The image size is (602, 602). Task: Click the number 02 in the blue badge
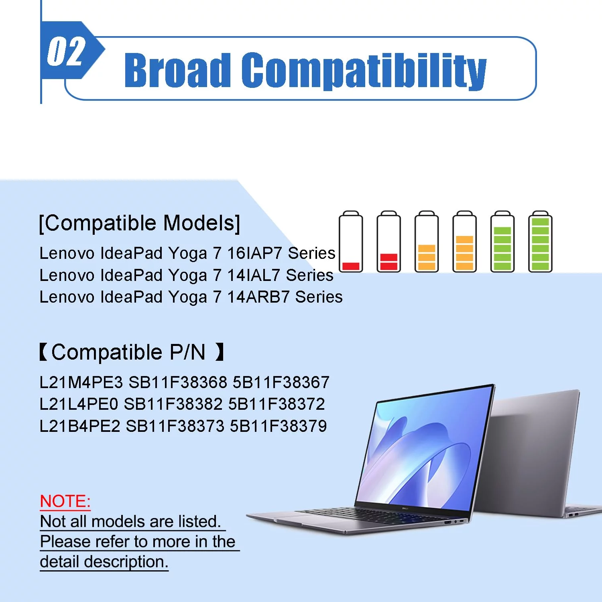pyautogui.click(x=66, y=51)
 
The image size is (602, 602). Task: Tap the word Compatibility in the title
pyautogui.click(x=364, y=71)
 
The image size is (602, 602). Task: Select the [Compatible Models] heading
pyautogui.click(x=139, y=223)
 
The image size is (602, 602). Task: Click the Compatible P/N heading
pyautogui.click(x=131, y=352)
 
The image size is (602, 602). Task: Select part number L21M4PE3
pyautogui.click(x=81, y=382)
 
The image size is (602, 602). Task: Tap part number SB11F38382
pyautogui.click(x=173, y=404)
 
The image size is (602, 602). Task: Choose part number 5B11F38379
pyautogui.click(x=279, y=426)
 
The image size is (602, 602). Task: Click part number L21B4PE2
pyautogui.click(x=80, y=426)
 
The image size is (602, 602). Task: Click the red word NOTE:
pyautogui.click(x=65, y=501)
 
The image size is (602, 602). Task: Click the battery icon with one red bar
pyautogui.click(x=351, y=242)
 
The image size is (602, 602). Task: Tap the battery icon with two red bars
pyautogui.click(x=388, y=242)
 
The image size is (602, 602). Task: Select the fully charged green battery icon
pyautogui.click(x=540, y=242)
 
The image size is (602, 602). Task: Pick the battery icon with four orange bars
pyautogui.click(x=464, y=242)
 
